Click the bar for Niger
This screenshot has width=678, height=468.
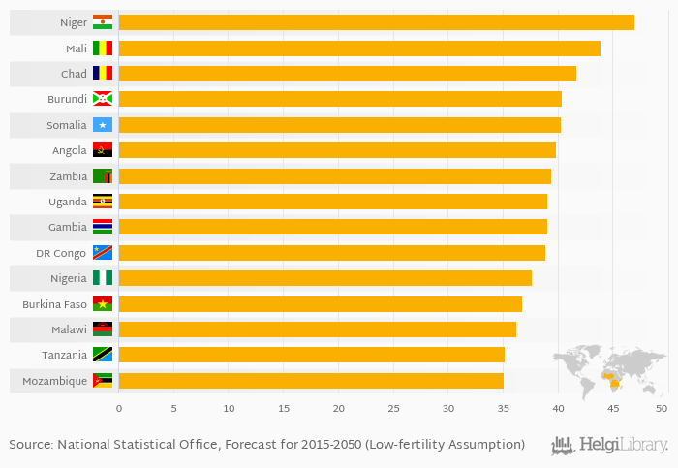point(376,22)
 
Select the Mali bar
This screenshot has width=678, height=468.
point(359,48)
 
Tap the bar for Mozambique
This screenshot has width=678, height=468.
point(311,381)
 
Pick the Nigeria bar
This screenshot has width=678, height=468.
point(324,278)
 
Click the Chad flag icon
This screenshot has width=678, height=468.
point(103,74)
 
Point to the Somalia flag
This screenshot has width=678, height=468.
point(103,125)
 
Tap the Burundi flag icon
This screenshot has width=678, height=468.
point(103,99)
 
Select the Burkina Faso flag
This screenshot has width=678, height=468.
point(103,304)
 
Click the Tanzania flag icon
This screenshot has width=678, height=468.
point(103,355)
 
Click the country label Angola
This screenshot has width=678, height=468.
point(70,150)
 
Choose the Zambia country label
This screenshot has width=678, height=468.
point(68,176)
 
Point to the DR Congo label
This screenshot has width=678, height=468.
point(62,253)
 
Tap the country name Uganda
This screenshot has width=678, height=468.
point(68,202)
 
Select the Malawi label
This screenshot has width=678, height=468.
point(69,329)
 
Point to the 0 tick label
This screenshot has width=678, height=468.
point(119,409)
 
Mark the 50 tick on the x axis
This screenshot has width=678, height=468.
point(662,409)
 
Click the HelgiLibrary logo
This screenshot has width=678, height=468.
point(610,445)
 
